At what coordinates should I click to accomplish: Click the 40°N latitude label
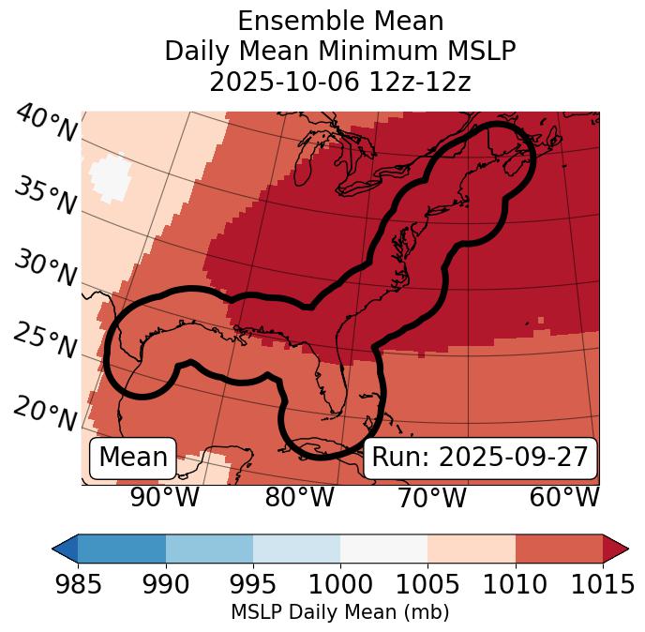pyautogui.click(x=45, y=125)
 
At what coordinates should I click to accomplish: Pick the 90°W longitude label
pyautogui.click(x=164, y=497)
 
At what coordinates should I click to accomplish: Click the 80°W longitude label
pyautogui.click(x=299, y=497)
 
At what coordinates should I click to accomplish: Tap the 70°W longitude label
pyautogui.click(x=431, y=497)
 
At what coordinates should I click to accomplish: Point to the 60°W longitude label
pyautogui.click(x=563, y=497)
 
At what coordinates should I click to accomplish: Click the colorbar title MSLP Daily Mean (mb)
pyautogui.click(x=339, y=612)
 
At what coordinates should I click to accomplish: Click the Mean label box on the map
pyautogui.click(x=133, y=458)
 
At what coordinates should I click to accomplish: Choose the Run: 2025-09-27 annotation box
pyautogui.click(x=479, y=458)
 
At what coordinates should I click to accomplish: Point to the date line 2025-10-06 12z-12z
pyautogui.click(x=339, y=82)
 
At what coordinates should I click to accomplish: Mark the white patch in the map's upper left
pyautogui.click(x=112, y=174)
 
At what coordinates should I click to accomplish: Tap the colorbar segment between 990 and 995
pyautogui.click(x=209, y=549)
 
